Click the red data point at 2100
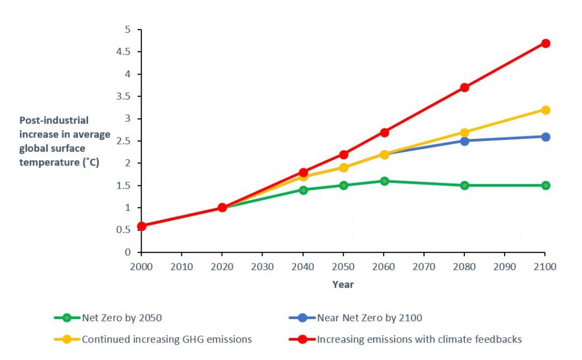[546, 43]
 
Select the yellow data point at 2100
[546, 110]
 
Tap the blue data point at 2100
[546, 136]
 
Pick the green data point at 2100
[546, 185]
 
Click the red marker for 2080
[465, 88]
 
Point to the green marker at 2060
[384, 181]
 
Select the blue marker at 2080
[465, 141]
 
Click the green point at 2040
[304, 190]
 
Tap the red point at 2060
[384, 132]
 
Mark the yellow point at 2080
[465, 132]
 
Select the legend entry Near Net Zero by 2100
[369, 318]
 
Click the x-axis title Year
[343, 284]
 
